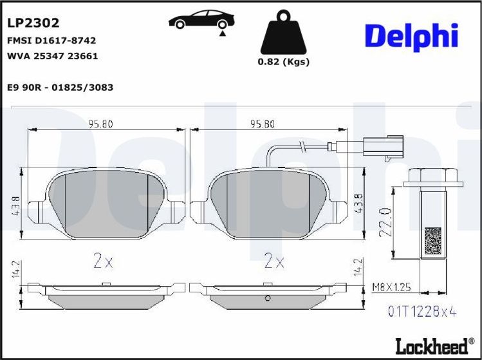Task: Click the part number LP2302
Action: tap(33, 23)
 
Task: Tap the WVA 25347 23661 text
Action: tap(51, 56)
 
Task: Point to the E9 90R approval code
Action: tap(60, 87)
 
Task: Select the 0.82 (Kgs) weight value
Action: tap(283, 62)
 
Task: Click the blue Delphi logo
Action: tap(411, 36)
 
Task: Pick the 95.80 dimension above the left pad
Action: tap(100, 124)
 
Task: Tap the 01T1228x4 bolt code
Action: tap(422, 312)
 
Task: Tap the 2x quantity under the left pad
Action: tap(103, 261)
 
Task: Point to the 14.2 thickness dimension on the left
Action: tap(14, 271)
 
